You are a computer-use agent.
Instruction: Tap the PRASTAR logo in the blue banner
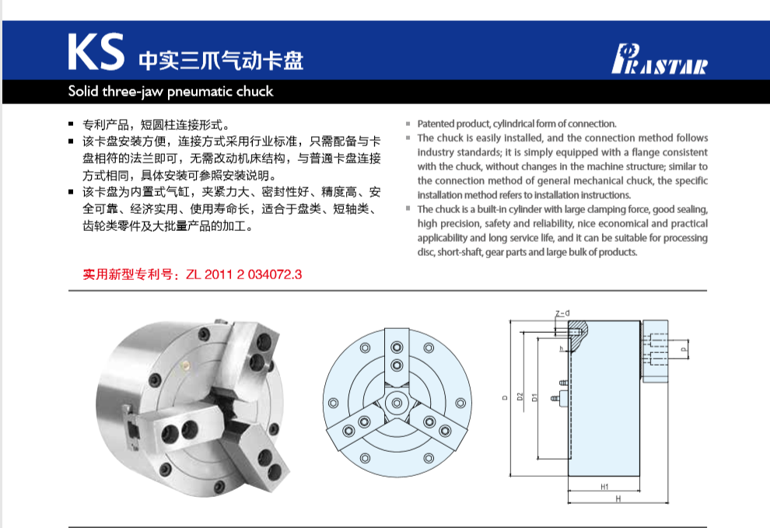(x=660, y=59)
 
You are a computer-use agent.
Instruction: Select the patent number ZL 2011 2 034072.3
(x=243, y=274)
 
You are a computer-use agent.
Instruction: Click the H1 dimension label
(x=604, y=486)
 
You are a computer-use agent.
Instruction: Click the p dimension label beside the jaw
(x=684, y=351)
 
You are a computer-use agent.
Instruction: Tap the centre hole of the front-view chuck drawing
(x=397, y=402)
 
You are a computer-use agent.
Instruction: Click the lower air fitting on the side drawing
(x=555, y=400)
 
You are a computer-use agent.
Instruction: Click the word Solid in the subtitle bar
(x=83, y=92)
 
